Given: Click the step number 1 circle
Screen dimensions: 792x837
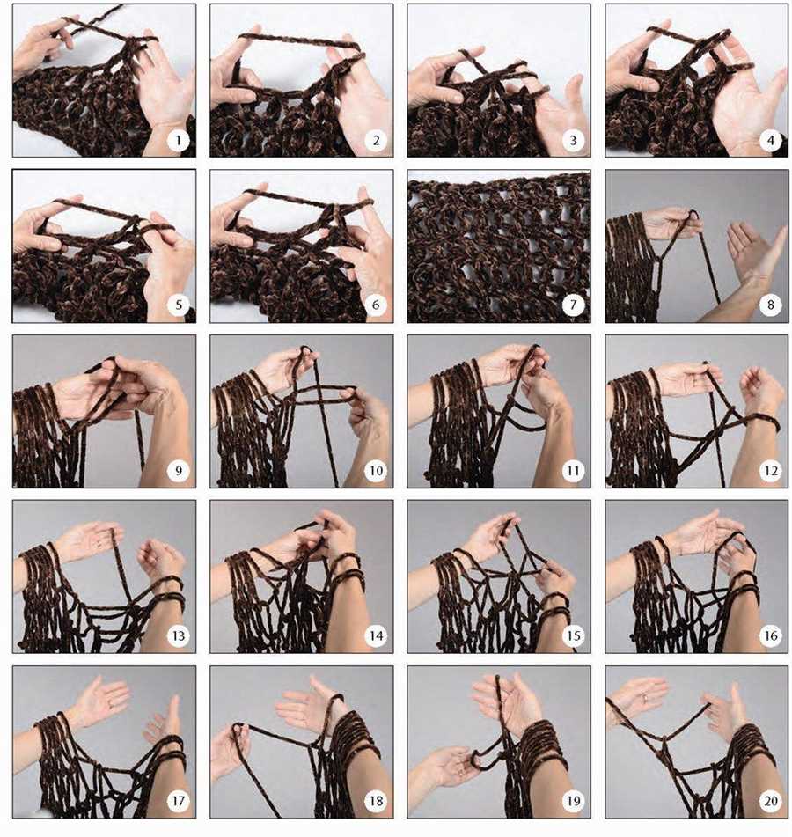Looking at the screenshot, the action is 179,141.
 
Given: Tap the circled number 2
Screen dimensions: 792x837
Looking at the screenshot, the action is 376,141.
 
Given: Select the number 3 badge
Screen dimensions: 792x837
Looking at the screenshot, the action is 573,141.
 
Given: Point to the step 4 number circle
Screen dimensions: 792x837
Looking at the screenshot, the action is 771,141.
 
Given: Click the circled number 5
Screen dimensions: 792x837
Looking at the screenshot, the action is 179,305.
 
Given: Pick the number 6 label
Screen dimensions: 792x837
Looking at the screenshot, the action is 376,305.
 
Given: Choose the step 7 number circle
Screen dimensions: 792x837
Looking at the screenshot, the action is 573,305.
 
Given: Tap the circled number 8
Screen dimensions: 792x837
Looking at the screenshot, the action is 771,305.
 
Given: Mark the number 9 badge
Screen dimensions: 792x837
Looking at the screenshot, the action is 179,471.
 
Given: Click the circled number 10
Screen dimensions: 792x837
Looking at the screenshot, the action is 376,471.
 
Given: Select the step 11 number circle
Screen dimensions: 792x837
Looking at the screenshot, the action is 573,471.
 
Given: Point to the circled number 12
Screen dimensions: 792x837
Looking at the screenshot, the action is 771,471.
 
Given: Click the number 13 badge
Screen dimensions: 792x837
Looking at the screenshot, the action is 179,635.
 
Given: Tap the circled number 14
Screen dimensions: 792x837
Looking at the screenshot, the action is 376,635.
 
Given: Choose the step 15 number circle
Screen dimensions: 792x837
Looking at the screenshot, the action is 573,635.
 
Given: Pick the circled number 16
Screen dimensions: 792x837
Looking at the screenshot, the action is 771,635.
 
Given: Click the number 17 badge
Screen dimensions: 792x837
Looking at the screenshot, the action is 179,801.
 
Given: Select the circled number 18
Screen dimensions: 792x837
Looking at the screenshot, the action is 376,801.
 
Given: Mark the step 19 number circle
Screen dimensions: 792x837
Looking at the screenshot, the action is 573,801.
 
